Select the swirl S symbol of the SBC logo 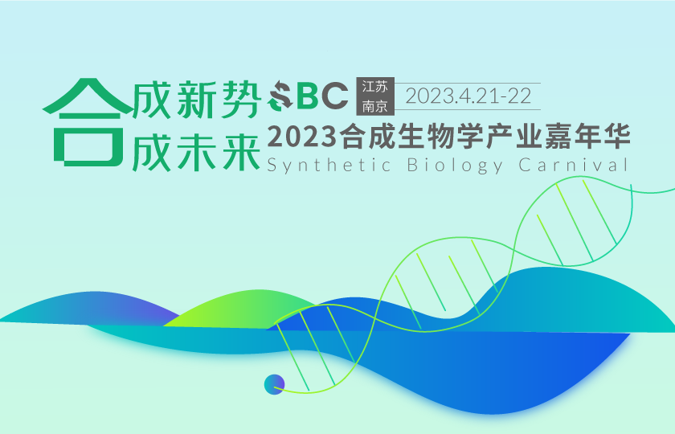pos(280,97)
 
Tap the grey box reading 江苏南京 pos(374,96)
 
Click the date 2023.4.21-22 pos(469,96)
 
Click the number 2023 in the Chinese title pos(302,137)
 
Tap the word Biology pos(455,166)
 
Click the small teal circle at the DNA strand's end pos(274,384)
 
